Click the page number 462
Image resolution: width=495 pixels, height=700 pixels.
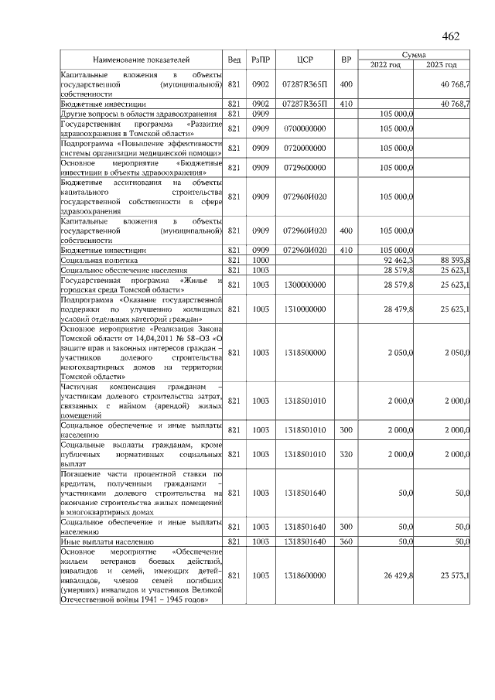click(451, 36)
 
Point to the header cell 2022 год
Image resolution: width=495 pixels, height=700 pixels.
click(385, 65)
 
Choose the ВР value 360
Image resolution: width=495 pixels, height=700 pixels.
click(346, 541)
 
